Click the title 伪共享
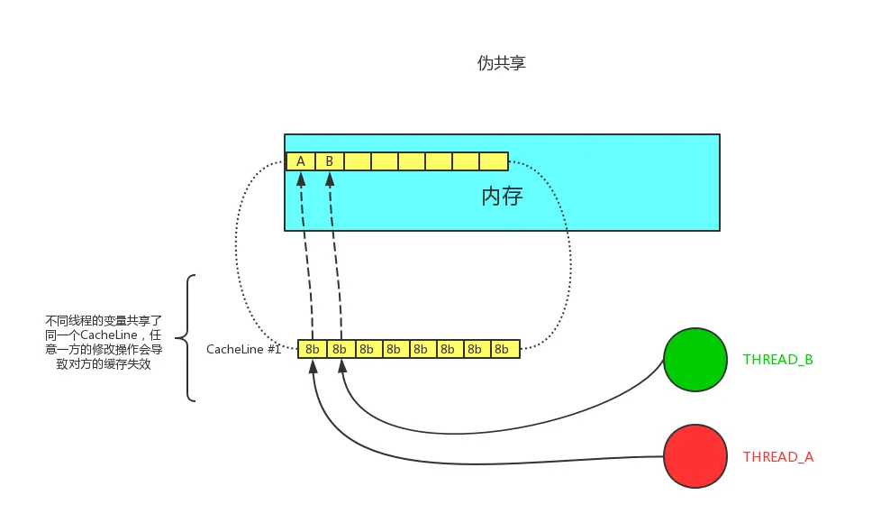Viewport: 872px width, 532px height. (x=501, y=64)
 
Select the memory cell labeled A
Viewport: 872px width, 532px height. (x=300, y=161)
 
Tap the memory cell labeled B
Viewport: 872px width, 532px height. (x=329, y=161)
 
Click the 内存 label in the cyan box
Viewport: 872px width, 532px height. (x=502, y=197)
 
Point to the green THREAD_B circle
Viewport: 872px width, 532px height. (x=695, y=360)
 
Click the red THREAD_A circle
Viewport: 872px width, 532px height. (x=695, y=456)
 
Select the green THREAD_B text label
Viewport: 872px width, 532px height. (x=777, y=360)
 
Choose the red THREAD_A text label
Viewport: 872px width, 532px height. (x=777, y=457)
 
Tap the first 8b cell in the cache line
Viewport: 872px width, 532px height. (x=312, y=349)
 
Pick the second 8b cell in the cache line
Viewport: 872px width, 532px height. (x=340, y=349)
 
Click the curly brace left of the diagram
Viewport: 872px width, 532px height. (x=186, y=338)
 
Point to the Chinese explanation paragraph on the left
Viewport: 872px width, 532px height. (x=104, y=343)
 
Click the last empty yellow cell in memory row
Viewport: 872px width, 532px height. (x=494, y=161)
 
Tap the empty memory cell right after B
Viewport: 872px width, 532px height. (x=357, y=161)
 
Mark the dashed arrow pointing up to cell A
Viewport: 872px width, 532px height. (x=306, y=261)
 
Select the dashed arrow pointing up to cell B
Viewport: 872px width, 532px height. (x=335, y=261)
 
